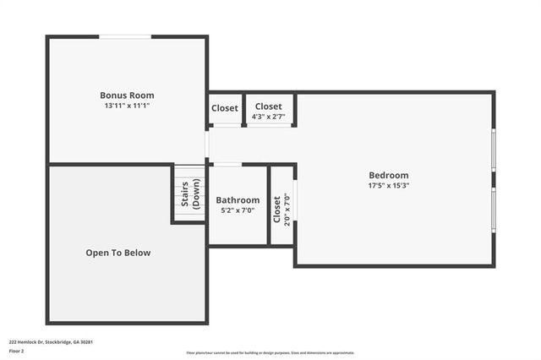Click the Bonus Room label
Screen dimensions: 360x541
click(127, 95)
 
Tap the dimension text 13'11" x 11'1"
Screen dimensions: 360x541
click(127, 106)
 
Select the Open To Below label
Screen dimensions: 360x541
click(118, 253)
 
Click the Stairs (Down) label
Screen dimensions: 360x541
click(190, 194)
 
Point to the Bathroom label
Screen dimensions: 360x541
click(238, 200)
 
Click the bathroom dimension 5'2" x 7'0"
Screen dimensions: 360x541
click(238, 211)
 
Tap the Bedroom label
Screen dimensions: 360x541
click(389, 175)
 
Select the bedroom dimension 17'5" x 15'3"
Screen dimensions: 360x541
click(389, 186)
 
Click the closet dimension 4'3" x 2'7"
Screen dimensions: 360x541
click(269, 117)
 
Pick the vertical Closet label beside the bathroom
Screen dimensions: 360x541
click(276, 209)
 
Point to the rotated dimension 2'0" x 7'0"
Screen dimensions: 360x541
click(287, 209)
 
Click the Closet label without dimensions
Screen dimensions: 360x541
click(225, 108)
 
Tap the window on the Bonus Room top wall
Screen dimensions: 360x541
click(126, 36)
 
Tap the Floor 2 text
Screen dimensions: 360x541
click(18, 352)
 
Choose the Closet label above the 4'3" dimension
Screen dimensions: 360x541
click(269, 107)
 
